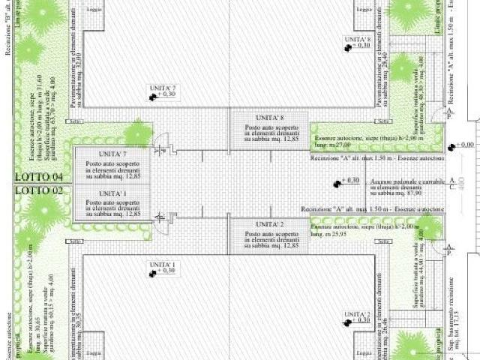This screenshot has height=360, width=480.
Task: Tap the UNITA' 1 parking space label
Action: tap(112, 193)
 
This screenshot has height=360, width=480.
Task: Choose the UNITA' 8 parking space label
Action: tap(269, 118)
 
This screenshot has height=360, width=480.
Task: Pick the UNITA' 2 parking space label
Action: tap(269, 224)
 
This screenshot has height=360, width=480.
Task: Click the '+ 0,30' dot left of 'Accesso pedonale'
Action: tap(337, 181)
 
